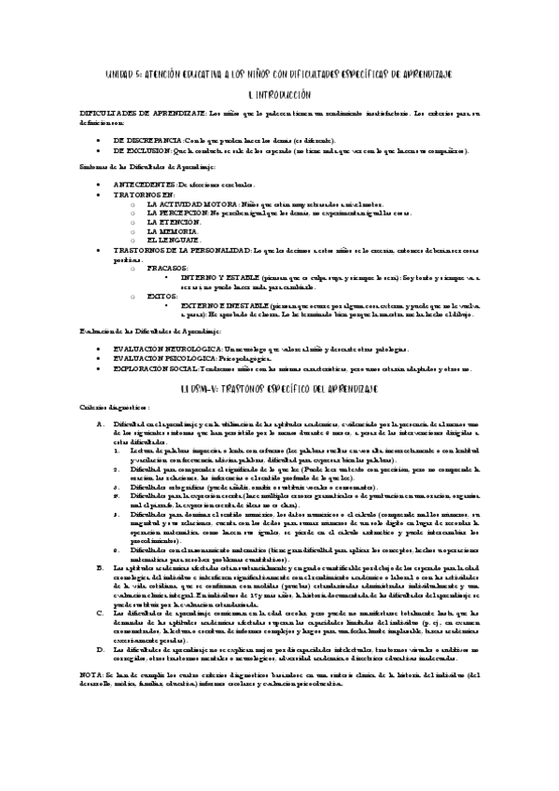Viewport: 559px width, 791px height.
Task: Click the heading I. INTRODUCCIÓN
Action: (279, 94)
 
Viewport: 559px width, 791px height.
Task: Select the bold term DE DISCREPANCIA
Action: (147, 139)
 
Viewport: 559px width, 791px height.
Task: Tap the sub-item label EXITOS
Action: (162, 295)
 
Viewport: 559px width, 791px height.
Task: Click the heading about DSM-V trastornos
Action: (279, 386)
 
